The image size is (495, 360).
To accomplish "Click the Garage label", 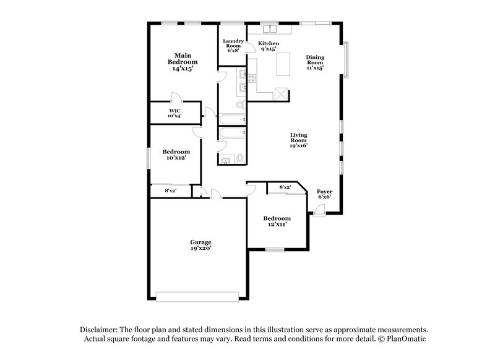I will [200, 245].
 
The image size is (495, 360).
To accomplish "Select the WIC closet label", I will [174, 114].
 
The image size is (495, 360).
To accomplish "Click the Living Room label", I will [298, 140].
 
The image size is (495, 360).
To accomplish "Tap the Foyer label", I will [325, 194].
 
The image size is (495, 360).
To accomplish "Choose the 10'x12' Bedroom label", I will [176, 155].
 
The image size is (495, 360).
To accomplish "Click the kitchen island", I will [285, 64].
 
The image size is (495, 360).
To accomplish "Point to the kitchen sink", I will [270, 29].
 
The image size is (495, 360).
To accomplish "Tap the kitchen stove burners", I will [252, 77].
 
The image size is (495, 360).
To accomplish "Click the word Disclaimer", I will [98, 329].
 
